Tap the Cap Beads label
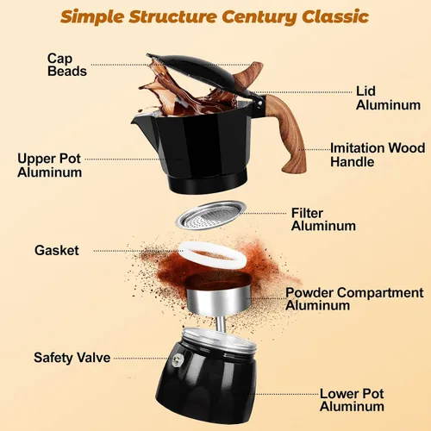coord(67,65)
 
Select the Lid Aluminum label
coord(388,98)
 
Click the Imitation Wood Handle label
coord(378,155)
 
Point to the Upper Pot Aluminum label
coord(49,166)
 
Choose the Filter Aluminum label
coord(323,220)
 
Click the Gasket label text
coord(57,251)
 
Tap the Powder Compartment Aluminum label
coord(354,299)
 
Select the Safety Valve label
coord(72,358)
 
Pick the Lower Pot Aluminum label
coord(352,400)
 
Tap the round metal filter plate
coord(211,215)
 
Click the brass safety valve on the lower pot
coord(178,360)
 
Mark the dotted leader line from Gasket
coord(139,251)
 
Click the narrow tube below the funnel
coord(221,323)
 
